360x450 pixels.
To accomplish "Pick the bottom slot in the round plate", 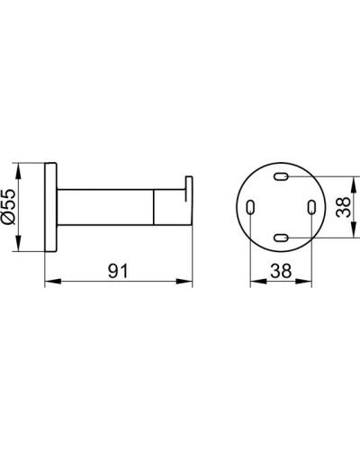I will click(x=281, y=238).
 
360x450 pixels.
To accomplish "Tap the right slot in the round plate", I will click(x=310, y=208).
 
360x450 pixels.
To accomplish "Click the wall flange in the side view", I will click(x=51, y=208).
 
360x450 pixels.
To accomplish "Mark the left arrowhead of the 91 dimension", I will click(x=49, y=283).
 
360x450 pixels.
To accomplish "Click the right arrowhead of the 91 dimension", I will click(x=189, y=283).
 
